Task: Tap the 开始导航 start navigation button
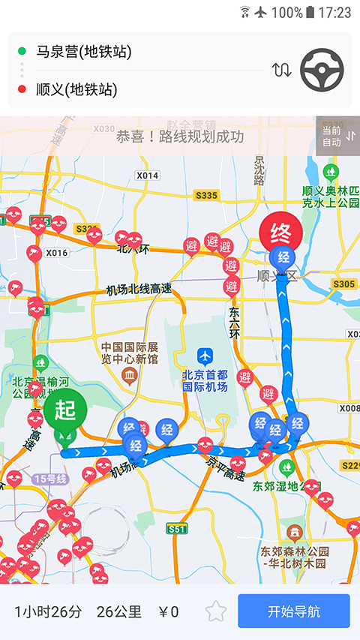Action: point(294,611)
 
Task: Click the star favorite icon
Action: point(216,611)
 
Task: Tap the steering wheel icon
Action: point(322,71)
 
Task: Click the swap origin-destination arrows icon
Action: point(281,71)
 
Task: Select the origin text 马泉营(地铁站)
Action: point(83,52)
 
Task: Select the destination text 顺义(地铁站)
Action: point(76,90)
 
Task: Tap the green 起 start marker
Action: point(65,410)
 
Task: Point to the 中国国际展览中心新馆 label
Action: point(130,353)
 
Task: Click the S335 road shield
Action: point(206,196)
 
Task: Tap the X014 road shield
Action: point(148,176)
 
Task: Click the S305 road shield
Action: point(343,284)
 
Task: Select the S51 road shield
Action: point(177,529)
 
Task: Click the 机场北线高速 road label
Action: point(139,290)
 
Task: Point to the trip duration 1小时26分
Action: point(48,611)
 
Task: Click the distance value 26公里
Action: point(119,611)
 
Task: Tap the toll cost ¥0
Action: point(169,611)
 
